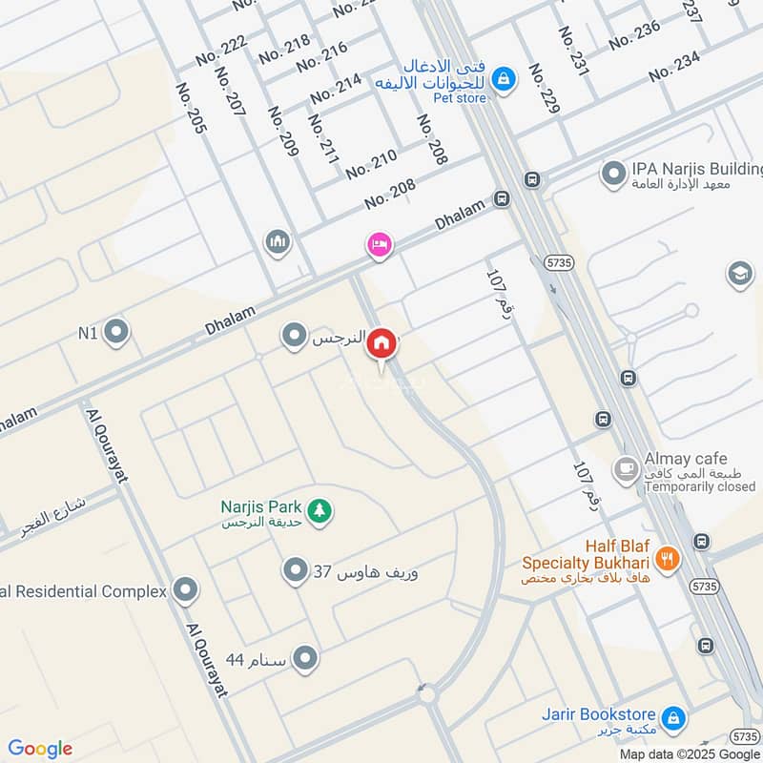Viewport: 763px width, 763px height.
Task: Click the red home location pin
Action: point(381,342)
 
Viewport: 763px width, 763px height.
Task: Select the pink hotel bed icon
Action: point(379,245)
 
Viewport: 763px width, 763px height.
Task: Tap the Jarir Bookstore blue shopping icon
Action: point(672,715)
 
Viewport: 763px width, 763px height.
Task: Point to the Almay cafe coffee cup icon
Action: point(626,466)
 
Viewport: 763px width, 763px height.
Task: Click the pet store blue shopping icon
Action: point(506,78)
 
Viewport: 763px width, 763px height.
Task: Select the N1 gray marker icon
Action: point(116,332)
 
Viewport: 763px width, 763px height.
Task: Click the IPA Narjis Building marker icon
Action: point(612,173)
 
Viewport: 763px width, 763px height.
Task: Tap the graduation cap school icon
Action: point(739,275)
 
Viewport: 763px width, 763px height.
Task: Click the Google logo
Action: point(40,748)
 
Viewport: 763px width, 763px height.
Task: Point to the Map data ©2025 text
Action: point(680,753)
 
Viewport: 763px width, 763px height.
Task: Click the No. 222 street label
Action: point(221,50)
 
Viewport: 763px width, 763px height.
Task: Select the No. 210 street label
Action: point(371,164)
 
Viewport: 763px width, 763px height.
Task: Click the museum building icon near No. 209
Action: point(278,242)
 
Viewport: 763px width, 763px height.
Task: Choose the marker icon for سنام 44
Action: point(305,659)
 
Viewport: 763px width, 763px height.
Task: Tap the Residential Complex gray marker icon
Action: point(186,591)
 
